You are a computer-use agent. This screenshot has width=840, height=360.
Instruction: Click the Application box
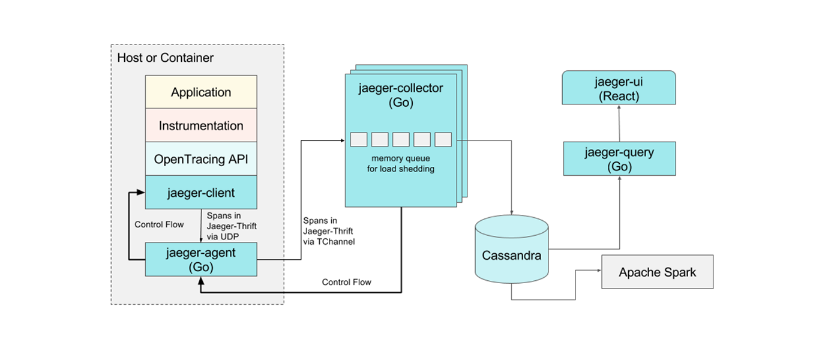click(201, 92)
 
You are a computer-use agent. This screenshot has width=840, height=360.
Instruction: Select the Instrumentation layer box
click(201, 125)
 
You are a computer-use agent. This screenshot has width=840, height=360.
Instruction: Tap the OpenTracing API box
click(201, 159)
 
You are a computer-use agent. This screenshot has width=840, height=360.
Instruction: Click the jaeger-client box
click(201, 193)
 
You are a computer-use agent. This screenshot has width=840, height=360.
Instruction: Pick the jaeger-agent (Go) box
click(201, 259)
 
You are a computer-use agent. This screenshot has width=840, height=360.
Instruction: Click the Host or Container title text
click(165, 58)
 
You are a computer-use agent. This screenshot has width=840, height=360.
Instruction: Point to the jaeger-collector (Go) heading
click(401, 95)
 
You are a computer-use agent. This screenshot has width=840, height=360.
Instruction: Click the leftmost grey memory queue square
click(359, 140)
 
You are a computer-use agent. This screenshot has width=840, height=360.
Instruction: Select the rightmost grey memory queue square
click(443, 140)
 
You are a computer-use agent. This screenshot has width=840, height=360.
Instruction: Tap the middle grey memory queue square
click(401, 140)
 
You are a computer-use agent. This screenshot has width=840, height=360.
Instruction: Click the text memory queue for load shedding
click(401, 163)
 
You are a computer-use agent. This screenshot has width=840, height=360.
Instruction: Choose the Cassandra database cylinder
click(511, 255)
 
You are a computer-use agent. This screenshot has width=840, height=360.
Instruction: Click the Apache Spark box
click(658, 272)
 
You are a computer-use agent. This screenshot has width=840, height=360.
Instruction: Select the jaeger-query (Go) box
click(619, 159)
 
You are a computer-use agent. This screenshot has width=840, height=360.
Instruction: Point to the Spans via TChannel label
click(328, 232)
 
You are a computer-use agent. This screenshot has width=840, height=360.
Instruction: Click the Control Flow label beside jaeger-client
click(159, 224)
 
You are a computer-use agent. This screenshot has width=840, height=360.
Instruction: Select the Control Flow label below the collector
click(346, 282)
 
